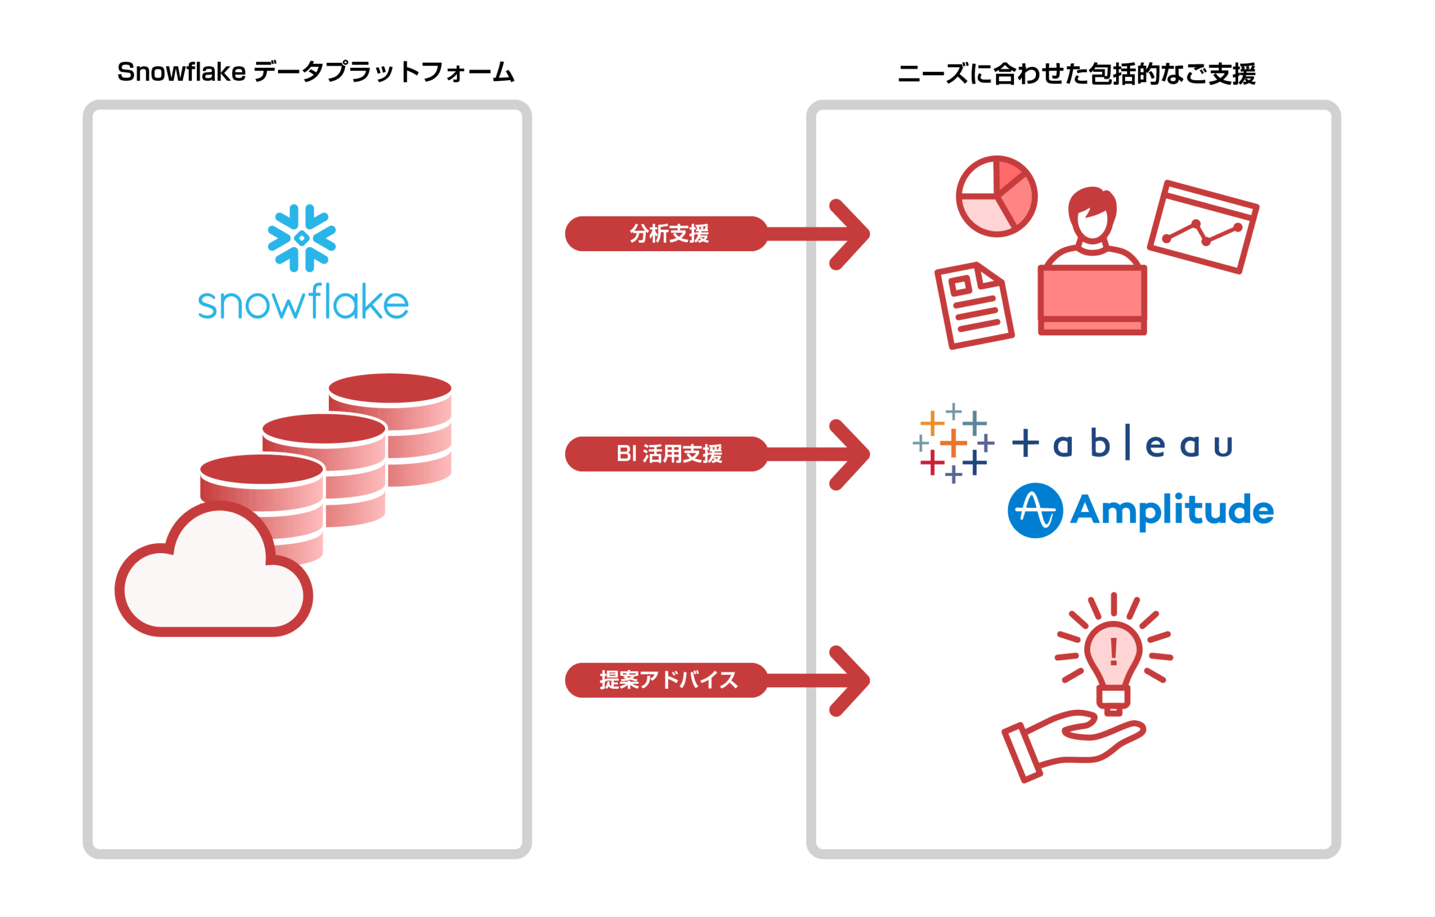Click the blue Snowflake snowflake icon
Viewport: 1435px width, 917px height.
pos(302,238)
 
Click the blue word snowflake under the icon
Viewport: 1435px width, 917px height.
pos(303,303)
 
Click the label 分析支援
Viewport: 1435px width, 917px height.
pos(669,234)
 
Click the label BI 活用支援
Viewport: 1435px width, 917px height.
pos(669,454)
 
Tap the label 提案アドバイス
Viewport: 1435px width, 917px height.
pos(669,680)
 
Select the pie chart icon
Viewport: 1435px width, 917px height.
pos(997,197)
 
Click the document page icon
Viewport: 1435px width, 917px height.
pos(974,305)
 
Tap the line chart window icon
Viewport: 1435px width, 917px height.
pos(1203,227)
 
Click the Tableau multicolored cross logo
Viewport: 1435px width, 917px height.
pos(953,443)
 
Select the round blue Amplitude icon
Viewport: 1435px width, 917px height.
pos(1035,510)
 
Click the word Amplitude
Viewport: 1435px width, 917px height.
pos(1172,511)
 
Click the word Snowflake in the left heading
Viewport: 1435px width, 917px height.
pos(182,72)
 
